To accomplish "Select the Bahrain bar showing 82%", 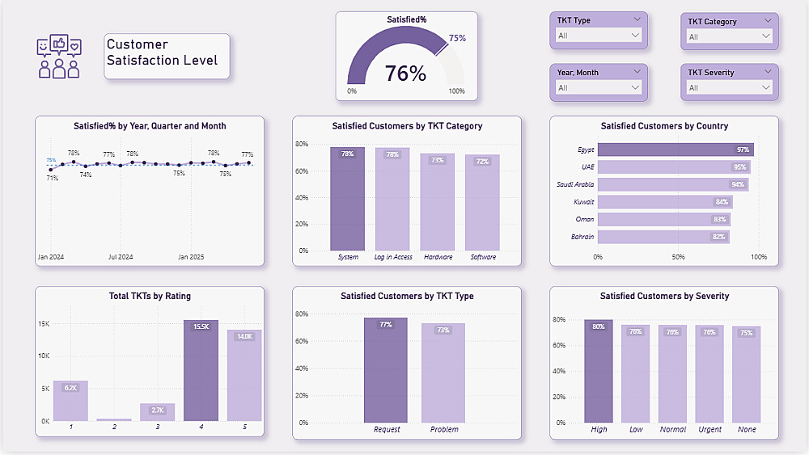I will [663, 237].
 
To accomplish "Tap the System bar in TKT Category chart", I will [347, 202].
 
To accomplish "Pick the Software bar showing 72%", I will [483, 206].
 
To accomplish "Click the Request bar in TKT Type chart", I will [386, 372].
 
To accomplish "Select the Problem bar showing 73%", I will [443, 376].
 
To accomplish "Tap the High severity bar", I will [599, 372].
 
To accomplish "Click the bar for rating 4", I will [201, 372].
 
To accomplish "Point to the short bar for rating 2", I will [114, 419].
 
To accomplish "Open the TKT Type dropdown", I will [599, 36].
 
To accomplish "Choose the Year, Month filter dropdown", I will [599, 87].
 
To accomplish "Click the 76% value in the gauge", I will [405, 74].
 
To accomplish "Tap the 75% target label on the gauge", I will [457, 38].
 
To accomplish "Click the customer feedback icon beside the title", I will [59, 57].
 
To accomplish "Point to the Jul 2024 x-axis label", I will [121, 257].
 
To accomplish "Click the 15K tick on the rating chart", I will [44, 324].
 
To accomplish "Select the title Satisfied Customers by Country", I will [664, 126].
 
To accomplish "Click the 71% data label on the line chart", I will [52, 178].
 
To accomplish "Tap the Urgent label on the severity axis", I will [709, 429].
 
